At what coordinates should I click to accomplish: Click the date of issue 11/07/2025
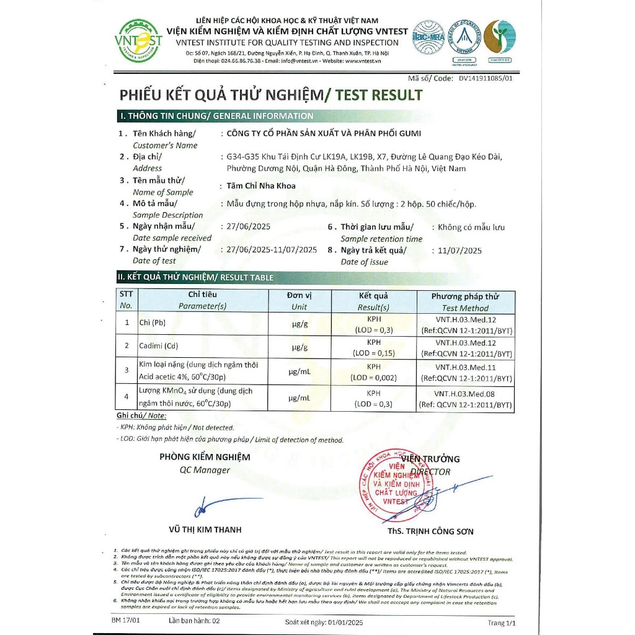pos(460,251)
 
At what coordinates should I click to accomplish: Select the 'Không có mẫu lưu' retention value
pos(471,227)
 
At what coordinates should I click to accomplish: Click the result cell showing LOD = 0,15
pos(374,347)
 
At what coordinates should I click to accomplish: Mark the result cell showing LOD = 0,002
pos(374,371)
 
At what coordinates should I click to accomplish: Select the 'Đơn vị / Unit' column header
pos(300,301)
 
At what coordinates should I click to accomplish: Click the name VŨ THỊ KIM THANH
pos(205,530)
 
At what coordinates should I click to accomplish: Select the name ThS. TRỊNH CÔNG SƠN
pos(430,531)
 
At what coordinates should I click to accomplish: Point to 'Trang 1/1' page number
pos(502,623)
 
